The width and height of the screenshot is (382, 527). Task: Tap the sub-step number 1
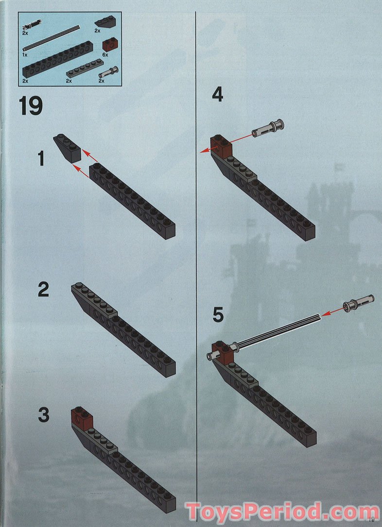pyautogui.click(x=41, y=158)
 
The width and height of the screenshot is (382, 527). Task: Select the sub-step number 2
pyautogui.click(x=43, y=289)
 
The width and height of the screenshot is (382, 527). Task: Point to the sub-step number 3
pyautogui.click(x=43, y=415)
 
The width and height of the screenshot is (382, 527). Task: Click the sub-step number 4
pyautogui.click(x=217, y=94)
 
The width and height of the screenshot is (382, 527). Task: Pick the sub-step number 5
pyautogui.click(x=218, y=315)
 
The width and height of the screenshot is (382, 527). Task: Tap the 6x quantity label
pyautogui.click(x=105, y=54)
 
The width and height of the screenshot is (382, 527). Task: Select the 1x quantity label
pyautogui.click(x=25, y=54)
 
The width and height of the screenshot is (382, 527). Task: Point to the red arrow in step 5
pyautogui.click(x=332, y=312)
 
